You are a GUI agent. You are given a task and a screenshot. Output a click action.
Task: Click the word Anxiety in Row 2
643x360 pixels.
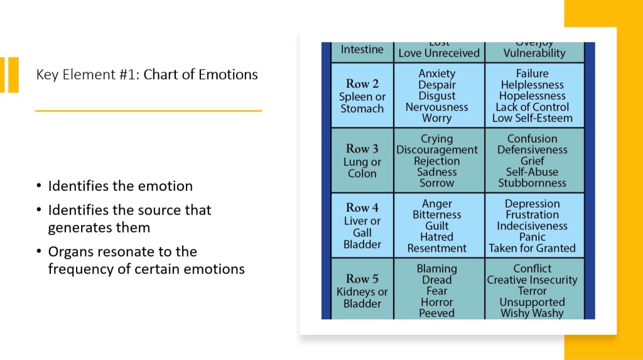(x=437, y=74)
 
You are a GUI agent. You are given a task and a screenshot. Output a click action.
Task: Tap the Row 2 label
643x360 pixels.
(x=362, y=84)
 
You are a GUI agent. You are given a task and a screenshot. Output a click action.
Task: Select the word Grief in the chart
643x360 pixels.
(x=532, y=161)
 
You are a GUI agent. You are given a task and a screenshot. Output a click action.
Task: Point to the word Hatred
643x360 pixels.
(x=437, y=237)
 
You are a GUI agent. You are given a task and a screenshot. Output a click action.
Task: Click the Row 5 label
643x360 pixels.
(x=362, y=278)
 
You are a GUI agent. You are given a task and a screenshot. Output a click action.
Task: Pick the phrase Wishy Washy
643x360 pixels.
(x=532, y=313)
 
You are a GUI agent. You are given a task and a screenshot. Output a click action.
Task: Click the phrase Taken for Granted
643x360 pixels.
(x=532, y=248)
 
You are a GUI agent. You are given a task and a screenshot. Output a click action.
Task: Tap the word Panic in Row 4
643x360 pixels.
(x=532, y=237)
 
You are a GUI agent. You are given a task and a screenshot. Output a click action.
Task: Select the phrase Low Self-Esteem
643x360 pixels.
(x=532, y=118)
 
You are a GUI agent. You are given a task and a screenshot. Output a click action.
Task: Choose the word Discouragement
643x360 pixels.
(x=437, y=150)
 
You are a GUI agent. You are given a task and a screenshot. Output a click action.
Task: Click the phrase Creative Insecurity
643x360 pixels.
(x=532, y=280)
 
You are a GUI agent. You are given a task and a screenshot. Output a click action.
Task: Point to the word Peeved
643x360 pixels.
(x=437, y=313)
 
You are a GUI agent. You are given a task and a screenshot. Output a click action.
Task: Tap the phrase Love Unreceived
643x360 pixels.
(x=439, y=53)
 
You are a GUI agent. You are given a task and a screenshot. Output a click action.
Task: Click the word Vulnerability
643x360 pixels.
(x=534, y=53)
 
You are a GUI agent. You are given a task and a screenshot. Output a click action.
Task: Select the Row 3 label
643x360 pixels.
(x=362, y=149)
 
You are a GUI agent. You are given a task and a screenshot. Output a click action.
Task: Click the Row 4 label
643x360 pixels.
(x=362, y=207)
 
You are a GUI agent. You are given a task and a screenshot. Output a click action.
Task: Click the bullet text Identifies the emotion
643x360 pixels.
(x=120, y=186)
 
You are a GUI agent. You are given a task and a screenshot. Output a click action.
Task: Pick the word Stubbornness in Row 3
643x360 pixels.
(x=532, y=183)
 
